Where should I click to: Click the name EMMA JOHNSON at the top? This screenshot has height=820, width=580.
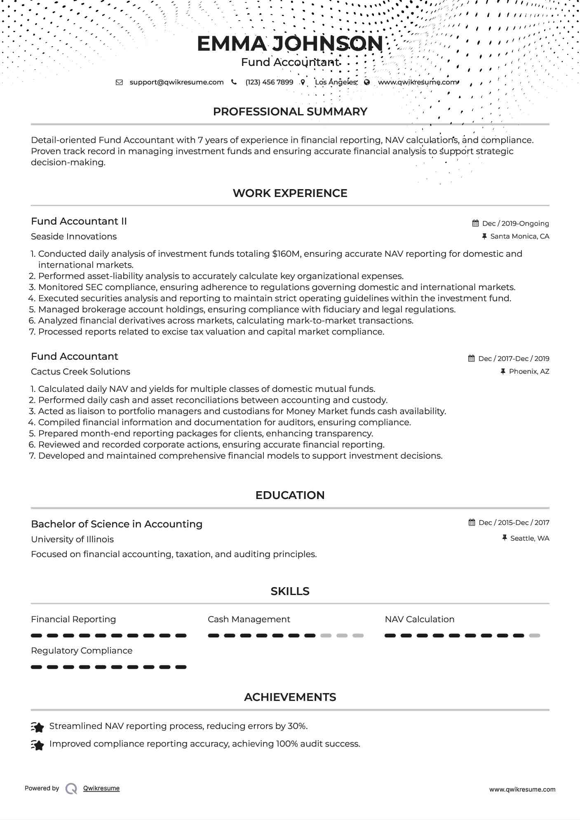(290, 44)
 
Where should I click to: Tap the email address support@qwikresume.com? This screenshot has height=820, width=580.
(176, 82)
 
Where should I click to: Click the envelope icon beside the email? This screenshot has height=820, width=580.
(119, 82)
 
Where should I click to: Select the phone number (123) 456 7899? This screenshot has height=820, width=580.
(269, 82)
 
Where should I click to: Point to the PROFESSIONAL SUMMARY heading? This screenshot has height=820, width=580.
(290, 112)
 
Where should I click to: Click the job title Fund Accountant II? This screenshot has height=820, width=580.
(79, 221)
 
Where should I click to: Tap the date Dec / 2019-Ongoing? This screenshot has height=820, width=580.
(515, 223)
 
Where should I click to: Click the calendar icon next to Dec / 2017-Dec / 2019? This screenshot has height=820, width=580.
(472, 358)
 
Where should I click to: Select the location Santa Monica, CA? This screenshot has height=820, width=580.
(519, 236)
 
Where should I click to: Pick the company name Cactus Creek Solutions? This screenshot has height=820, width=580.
(80, 372)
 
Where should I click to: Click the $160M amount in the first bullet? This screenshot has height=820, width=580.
(286, 254)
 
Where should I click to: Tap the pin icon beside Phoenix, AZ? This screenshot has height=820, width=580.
(503, 371)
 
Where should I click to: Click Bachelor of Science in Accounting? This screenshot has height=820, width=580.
(117, 524)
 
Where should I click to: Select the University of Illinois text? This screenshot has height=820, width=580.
(72, 539)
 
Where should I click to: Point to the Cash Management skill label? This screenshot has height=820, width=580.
(249, 619)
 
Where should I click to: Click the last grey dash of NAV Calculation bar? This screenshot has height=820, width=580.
(535, 635)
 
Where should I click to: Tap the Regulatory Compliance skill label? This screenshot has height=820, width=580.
(82, 651)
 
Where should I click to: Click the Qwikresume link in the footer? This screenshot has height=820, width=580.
(101, 788)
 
